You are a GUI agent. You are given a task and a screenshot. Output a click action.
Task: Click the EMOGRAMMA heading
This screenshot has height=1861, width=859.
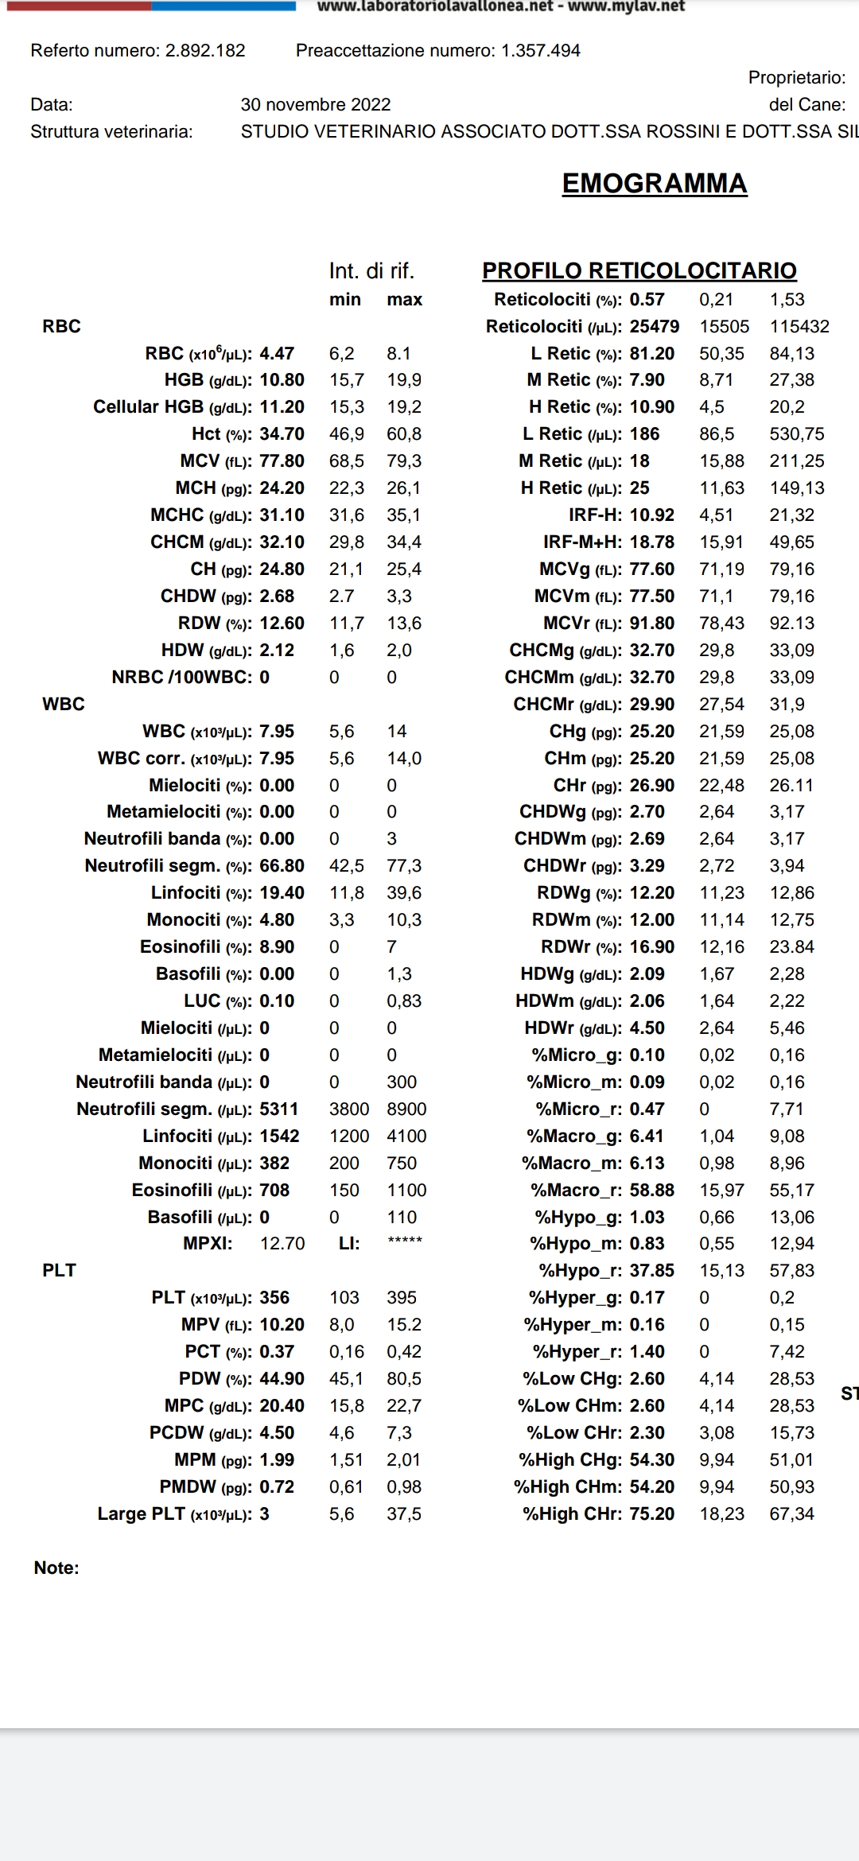[x=654, y=184]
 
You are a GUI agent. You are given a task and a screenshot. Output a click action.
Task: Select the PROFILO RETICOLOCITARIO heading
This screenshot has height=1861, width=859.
[x=639, y=271]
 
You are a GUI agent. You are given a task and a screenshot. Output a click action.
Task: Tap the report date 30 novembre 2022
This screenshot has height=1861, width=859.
[x=316, y=105]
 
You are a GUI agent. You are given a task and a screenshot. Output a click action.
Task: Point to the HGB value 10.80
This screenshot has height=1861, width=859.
[x=282, y=380]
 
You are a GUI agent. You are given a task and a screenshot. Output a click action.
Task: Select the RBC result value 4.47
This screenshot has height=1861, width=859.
[x=277, y=353]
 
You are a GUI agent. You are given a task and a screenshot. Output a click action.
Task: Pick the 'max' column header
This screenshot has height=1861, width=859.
[x=404, y=300]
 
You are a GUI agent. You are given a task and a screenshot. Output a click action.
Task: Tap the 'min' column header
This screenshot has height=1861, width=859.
[x=345, y=300]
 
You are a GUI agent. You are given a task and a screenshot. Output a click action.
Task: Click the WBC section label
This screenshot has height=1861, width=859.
[x=63, y=705]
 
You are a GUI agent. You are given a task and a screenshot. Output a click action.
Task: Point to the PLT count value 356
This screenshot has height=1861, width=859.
[x=274, y=1298]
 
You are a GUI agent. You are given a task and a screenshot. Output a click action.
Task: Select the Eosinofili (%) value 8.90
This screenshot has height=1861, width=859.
[x=277, y=947]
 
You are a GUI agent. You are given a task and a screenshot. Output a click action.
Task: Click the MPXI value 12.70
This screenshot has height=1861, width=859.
[x=282, y=1244]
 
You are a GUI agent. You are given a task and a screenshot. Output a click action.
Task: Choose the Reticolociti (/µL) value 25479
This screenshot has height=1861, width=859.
[x=654, y=327]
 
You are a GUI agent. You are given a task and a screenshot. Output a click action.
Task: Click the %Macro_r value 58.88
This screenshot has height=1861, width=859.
[x=651, y=1191]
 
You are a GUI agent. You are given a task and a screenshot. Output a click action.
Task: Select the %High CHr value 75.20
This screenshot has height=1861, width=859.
[x=651, y=1514]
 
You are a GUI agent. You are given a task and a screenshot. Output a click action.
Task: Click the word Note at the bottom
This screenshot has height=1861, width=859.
[x=56, y=1568]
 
